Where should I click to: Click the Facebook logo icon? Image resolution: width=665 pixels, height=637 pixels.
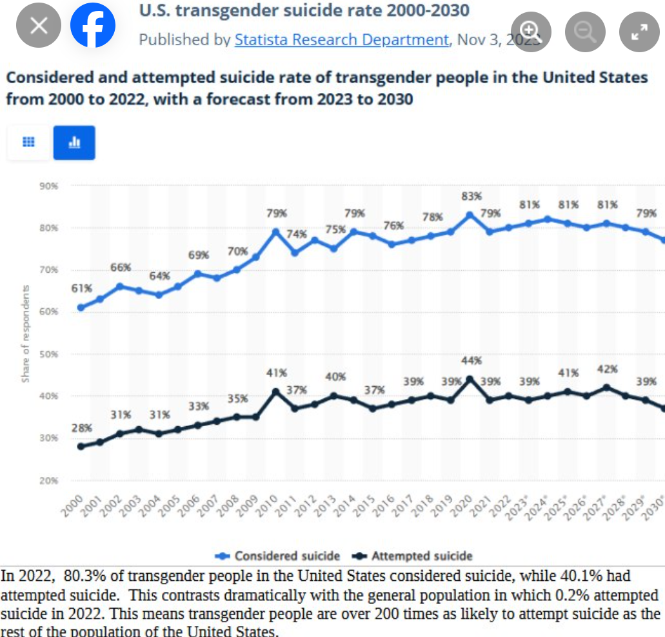click(93, 26)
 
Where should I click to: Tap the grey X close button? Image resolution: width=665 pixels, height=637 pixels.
click(39, 26)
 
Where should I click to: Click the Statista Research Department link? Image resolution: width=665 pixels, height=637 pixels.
click(341, 39)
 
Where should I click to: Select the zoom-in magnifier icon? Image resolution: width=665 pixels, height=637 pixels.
click(531, 30)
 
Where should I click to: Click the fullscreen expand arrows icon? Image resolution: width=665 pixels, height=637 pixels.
click(639, 31)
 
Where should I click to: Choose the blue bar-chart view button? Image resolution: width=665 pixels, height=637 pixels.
click(74, 142)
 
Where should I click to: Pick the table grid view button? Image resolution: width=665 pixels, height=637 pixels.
click(28, 142)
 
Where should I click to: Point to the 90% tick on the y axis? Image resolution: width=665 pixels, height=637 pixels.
click(50, 186)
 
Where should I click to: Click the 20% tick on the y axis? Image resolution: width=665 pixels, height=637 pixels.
click(50, 480)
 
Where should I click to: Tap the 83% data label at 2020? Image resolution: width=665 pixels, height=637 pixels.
click(471, 196)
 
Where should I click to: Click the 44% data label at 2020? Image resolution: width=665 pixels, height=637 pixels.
click(471, 360)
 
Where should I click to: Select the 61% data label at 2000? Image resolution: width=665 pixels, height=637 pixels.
click(81, 288)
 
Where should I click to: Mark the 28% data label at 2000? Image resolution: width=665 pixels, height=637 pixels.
click(81, 428)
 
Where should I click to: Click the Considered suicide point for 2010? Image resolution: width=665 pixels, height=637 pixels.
click(276, 231)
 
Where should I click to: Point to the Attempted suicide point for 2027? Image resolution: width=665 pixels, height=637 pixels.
click(607, 387)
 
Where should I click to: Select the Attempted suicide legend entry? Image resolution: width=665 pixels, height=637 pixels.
click(413, 556)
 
